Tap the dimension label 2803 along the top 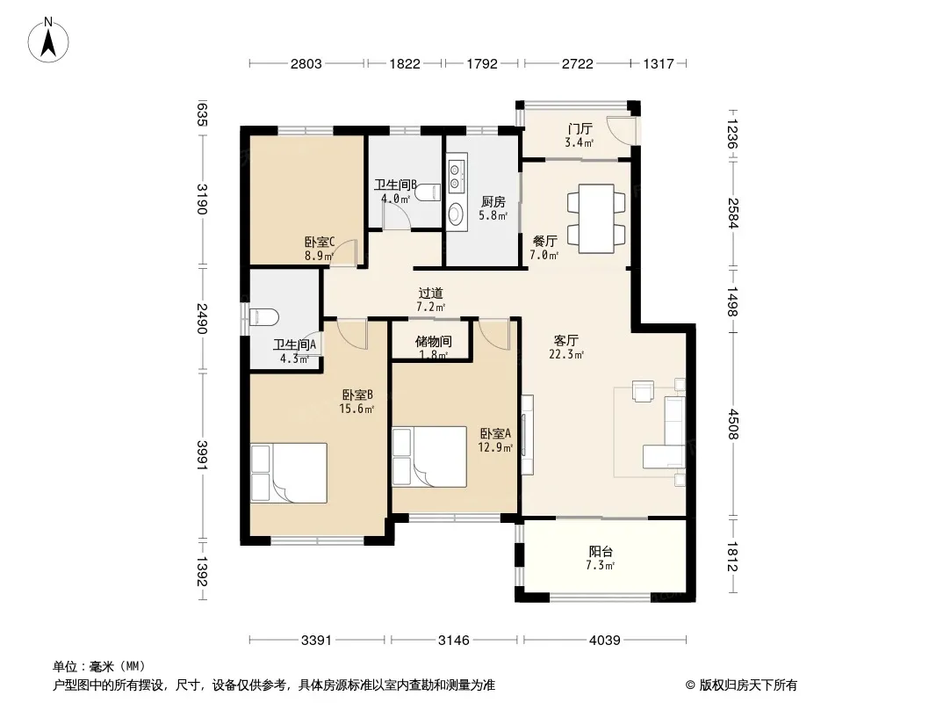306,63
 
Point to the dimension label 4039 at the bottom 605,641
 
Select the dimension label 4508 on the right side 733,424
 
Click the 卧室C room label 320,242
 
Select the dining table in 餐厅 596,219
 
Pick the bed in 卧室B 289,473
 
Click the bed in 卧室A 429,456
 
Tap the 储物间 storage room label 434,342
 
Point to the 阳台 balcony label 601,551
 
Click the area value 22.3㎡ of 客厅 565,354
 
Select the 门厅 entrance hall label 580,128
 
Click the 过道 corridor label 430,294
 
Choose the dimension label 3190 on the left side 202,199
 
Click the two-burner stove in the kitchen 457,174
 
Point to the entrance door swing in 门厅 622,129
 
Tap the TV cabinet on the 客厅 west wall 527,434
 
